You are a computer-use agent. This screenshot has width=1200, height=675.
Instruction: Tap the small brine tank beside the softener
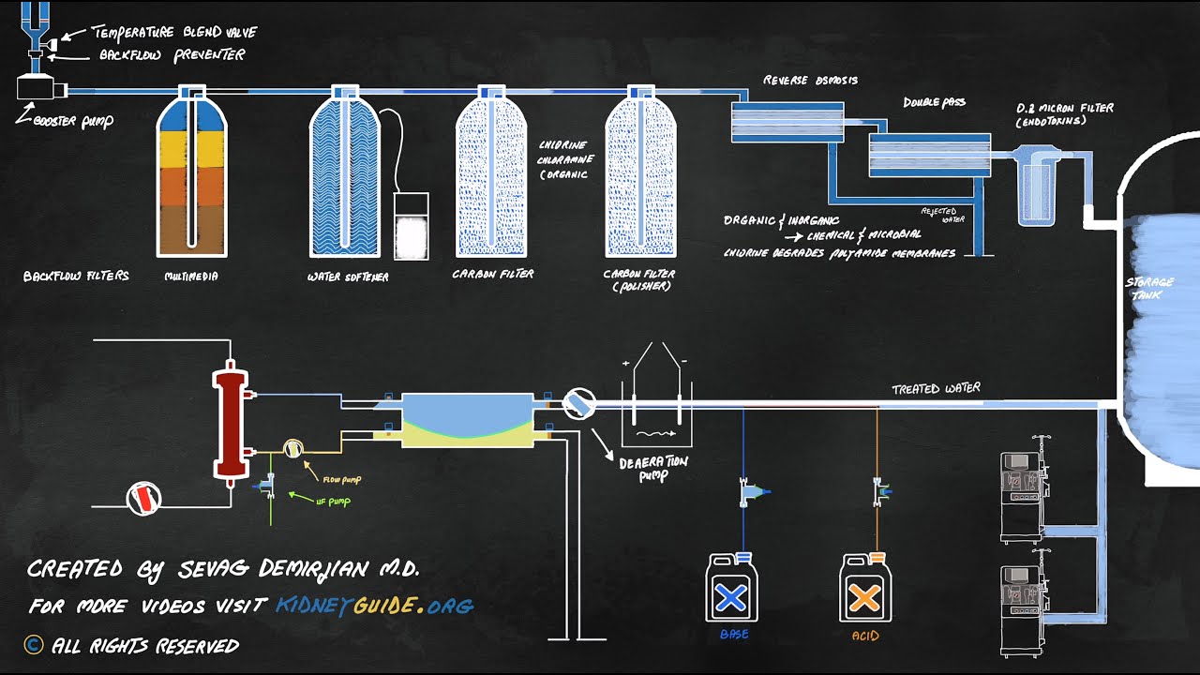coord(411,227)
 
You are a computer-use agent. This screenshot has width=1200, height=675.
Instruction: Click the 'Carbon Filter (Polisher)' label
coord(641,279)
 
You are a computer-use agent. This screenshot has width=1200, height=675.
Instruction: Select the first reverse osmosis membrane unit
coord(787,122)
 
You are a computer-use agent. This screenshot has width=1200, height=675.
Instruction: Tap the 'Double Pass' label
coord(934,102)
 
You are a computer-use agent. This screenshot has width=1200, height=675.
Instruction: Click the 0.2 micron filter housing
coord(1037,187)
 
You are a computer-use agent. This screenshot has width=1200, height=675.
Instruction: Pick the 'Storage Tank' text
coord(1149,288)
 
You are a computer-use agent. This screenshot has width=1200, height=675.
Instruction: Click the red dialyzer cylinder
coord(230,424)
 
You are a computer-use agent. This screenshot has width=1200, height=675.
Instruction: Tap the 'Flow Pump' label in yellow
coord(341,480)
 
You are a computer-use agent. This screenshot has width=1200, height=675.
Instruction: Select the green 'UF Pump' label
coord(332,502)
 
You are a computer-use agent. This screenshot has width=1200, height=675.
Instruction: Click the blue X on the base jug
coord(731,596)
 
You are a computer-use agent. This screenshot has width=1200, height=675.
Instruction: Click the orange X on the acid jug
coord(864,596)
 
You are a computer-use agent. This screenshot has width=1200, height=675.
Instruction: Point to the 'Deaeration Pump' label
coord(653,468)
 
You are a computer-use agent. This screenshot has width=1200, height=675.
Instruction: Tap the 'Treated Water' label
coord(936,389)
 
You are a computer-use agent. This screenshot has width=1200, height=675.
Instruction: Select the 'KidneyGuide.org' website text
coord(374,606)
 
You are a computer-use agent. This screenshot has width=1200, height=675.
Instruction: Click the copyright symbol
coord(34,644)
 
